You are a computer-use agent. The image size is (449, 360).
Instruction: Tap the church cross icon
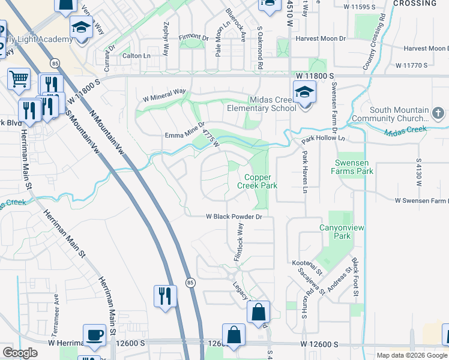(x=439, y=113)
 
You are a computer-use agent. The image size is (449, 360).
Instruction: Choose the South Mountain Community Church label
(x=399, y=114)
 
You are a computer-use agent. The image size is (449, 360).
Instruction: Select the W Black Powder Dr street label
(x=235, y=217)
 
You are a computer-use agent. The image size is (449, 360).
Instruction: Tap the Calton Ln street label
(x=136, y=56)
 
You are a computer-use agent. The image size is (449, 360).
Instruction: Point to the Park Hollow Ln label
(x=325, y=138)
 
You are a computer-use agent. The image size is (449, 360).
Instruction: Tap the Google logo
(x=20, y=353)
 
